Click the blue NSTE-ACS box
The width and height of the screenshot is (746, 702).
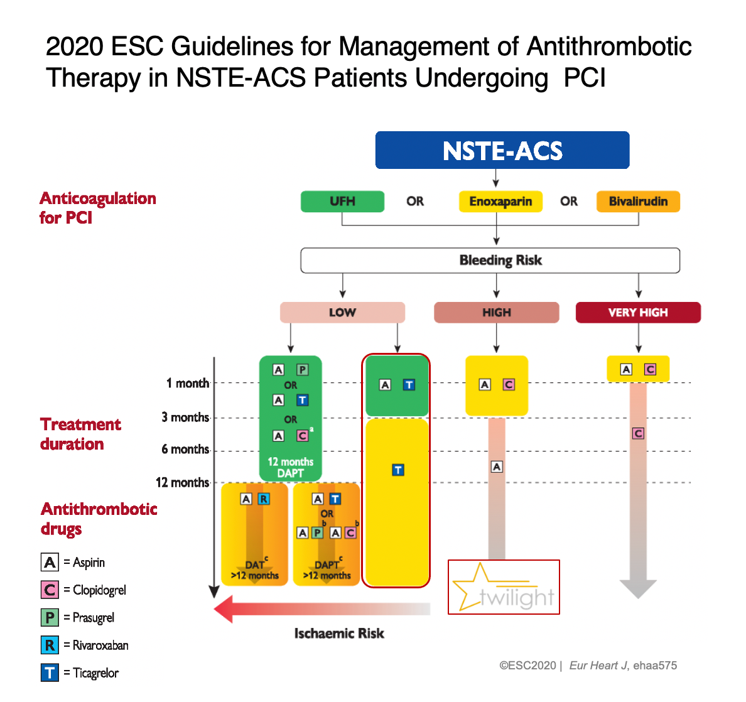[x=502, y=150]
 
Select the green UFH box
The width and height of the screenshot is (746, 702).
[x=342, y=202]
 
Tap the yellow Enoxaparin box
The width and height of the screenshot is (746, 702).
[x=500, y=202]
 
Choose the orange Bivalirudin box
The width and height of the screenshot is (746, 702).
[x=638, y=202]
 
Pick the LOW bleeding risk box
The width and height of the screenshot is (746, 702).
[x=342, y=312]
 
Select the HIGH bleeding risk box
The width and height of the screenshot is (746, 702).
[x=496, y=312]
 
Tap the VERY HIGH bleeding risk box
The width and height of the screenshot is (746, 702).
[x=638, y=312]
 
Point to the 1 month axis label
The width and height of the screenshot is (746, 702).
[x=187, y=383]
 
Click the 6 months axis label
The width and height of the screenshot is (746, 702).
[x=185, y=449]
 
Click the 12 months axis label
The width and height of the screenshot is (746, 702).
[x=182, y=482]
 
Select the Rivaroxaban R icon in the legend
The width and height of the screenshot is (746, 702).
[x=50, y=645]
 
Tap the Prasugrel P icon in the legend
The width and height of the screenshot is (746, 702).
[x=50, y=617]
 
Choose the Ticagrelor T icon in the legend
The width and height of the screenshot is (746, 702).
[x=50, y=672]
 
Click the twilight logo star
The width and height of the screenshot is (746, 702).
[x=476, y=585]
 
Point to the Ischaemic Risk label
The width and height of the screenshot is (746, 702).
[x=339, y=634]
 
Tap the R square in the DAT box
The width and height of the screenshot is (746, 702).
[x=264, y=499]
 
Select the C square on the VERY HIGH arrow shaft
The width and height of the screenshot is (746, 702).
[x=638, y=433]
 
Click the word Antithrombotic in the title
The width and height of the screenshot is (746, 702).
[x=609, y=46]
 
